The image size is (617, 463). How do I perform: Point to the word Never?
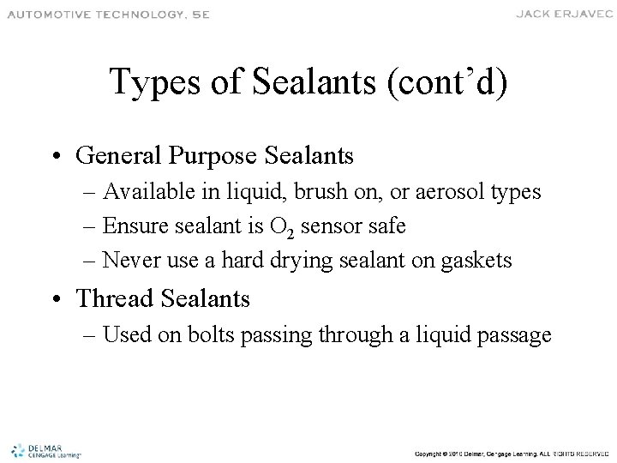132,261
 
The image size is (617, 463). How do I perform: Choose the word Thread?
111,298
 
